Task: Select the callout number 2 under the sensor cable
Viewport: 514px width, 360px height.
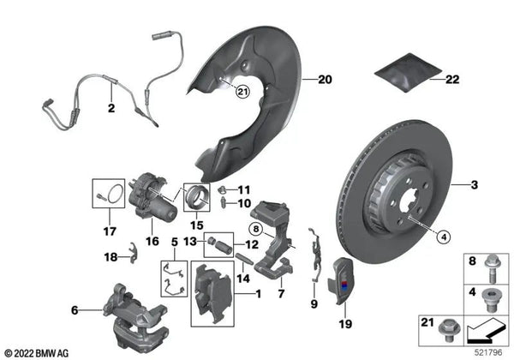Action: coord(111,108)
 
